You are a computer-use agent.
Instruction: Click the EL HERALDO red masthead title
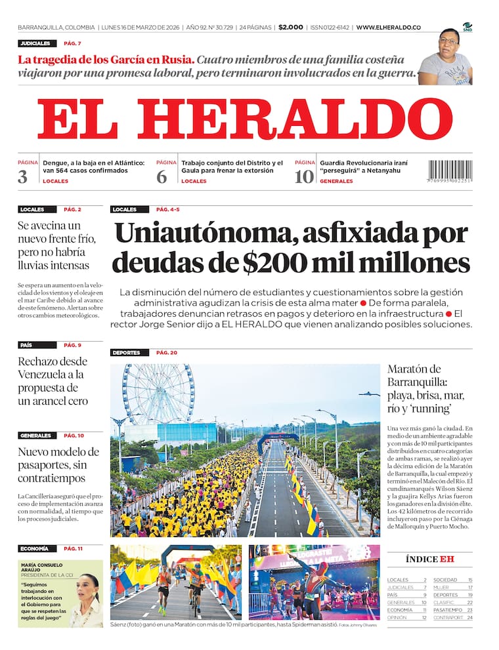[249, 119]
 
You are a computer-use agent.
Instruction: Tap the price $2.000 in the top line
[290, 28]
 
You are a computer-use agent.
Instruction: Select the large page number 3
[23, 176]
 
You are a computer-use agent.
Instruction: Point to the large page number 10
[304, 176]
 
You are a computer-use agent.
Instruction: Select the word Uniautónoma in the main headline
[195, 234]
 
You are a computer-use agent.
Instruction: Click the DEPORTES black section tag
[127, 353]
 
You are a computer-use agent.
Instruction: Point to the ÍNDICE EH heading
[429, 559]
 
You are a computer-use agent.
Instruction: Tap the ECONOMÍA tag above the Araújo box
[35, 548]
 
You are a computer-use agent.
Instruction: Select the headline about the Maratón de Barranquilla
[425, 388]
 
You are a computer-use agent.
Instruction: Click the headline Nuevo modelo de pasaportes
[58, 464]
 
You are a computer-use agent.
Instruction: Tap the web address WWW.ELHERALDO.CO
[389, 28]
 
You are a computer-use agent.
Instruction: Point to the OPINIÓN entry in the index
[397, 617]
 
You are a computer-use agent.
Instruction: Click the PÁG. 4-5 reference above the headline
[167, 210]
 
